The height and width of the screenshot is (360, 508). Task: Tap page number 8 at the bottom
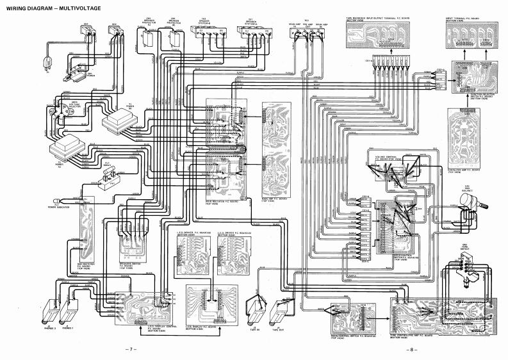414,349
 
